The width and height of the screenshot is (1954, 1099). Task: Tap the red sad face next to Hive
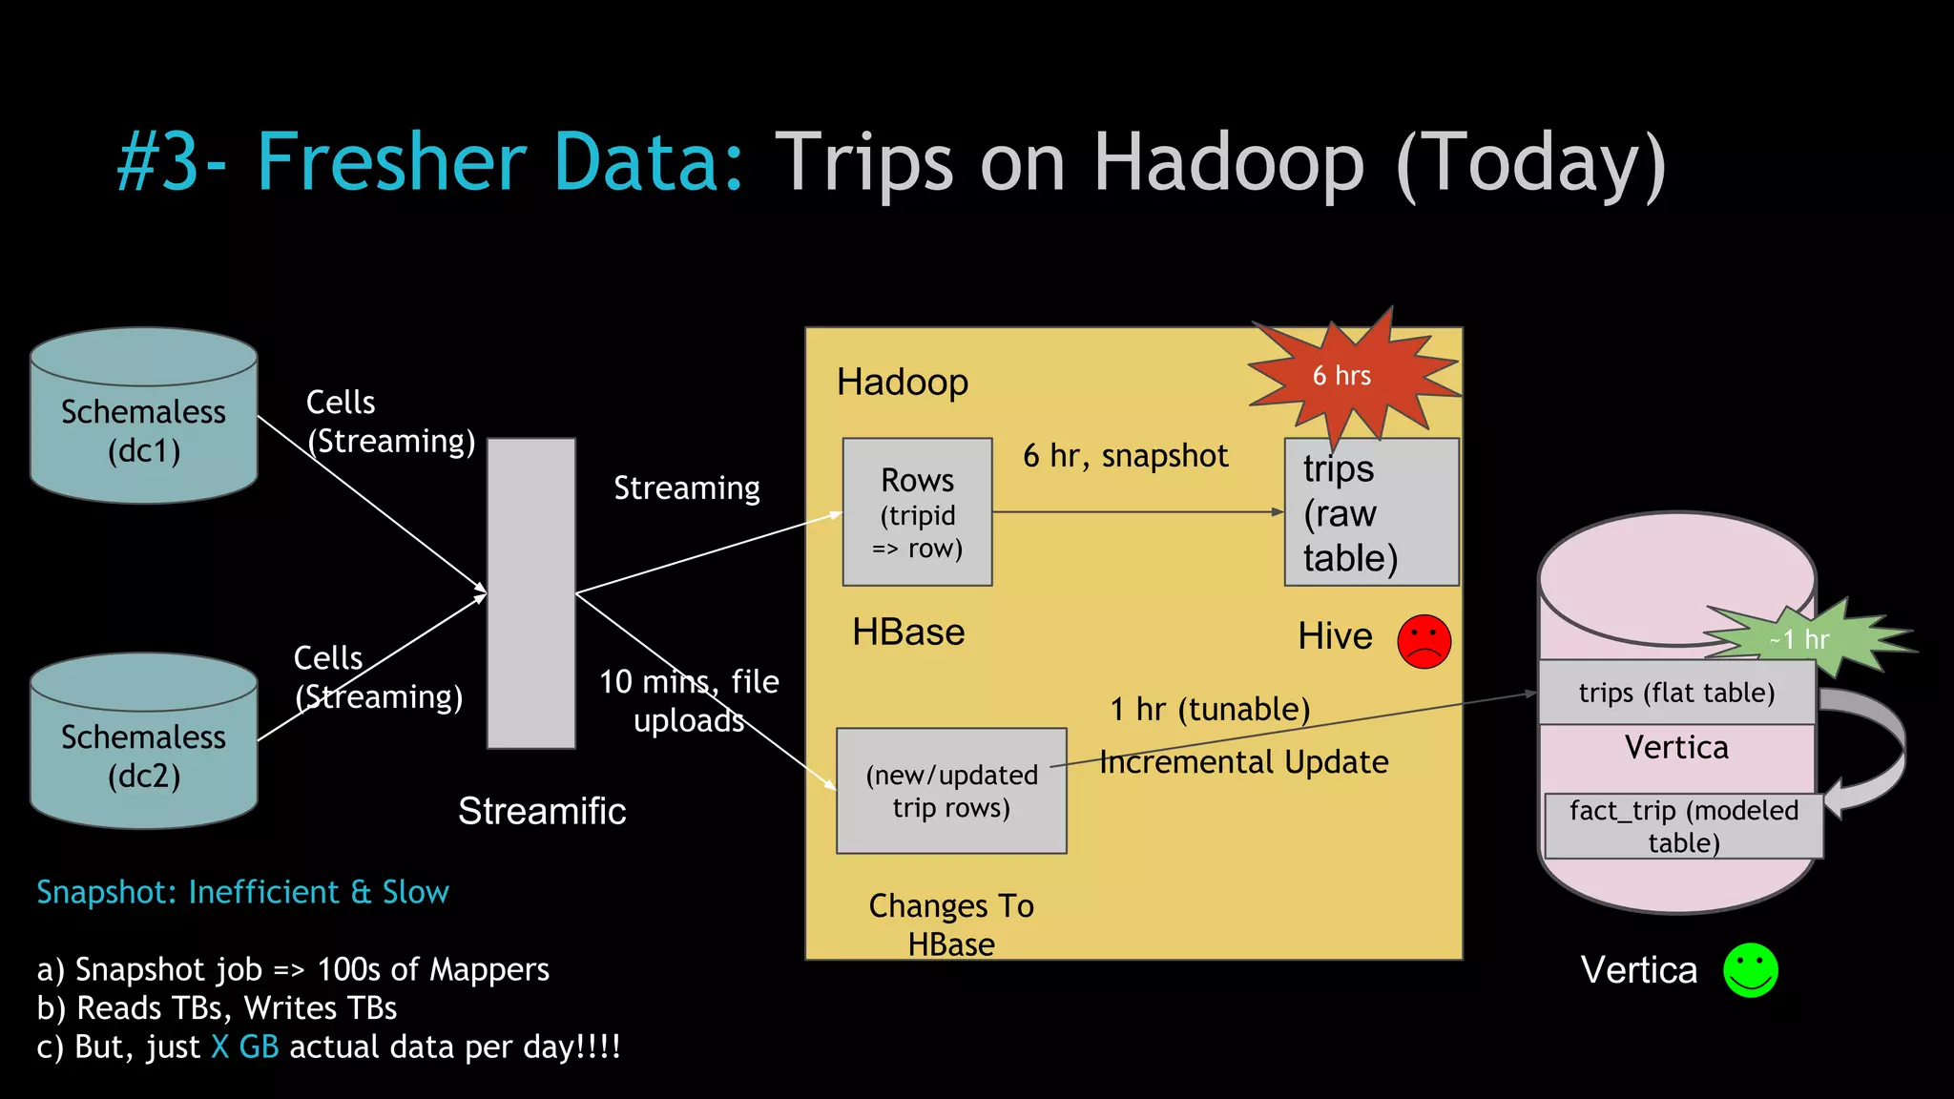(1424, 641)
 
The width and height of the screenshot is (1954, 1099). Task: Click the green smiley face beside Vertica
(1750, 970)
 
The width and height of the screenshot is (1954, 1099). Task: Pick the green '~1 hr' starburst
(1803, 638)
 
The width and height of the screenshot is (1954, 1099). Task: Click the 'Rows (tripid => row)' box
(917, 512)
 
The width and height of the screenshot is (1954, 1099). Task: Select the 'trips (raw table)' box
(1371, 512)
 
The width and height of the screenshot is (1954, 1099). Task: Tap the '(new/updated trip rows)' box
(951, 791)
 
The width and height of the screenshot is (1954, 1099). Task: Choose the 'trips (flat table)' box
(1676, 693)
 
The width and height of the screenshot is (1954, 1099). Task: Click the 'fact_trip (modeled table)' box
(1683, 826)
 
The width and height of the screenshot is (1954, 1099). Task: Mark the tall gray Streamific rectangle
(531, 593)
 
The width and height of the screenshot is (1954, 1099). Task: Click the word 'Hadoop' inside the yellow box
(902, 383)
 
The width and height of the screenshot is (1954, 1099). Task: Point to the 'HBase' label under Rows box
(908, 632)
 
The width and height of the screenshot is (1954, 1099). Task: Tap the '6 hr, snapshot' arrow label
(1125, 456)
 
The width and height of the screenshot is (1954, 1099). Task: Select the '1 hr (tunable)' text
(1210, 710)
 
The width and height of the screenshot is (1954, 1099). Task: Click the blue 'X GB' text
(245, 1047)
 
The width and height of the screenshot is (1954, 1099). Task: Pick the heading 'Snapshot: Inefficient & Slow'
(242, 892)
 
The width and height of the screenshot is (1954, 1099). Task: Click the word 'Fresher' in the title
(391, 162)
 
